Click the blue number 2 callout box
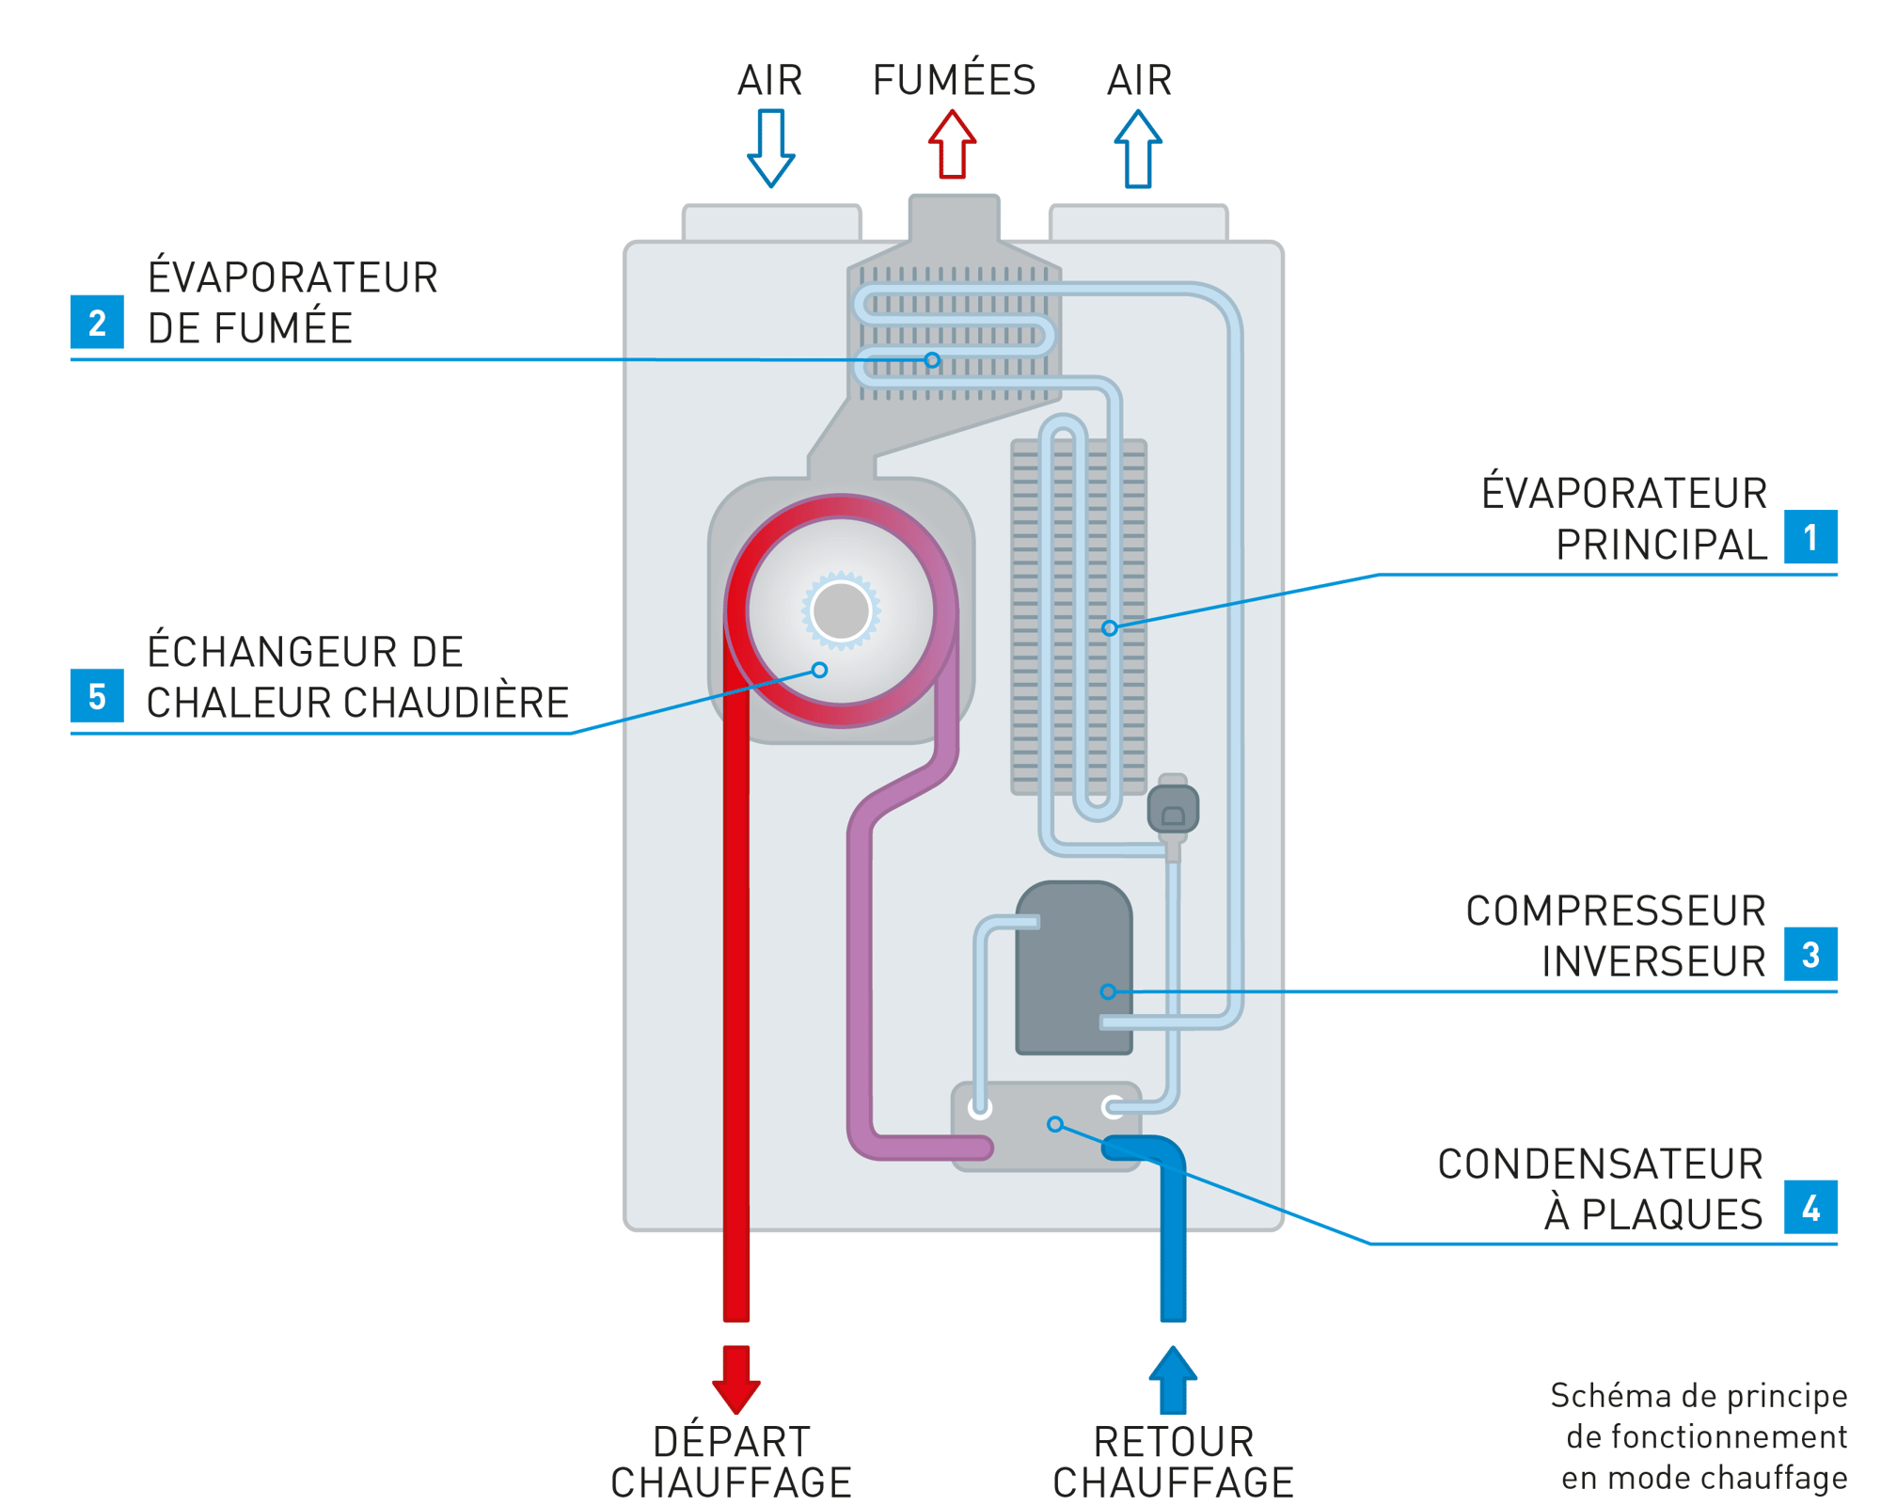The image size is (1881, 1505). pos(97,323)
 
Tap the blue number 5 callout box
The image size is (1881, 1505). pos(97,696)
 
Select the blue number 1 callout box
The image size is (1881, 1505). pos(1810,537)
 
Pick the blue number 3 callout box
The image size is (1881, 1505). pos(1810,955)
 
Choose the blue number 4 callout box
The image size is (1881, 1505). pos(1810,1208)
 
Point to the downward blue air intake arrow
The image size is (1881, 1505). pos(771,149)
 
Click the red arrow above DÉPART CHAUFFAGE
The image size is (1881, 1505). pos(735,1378)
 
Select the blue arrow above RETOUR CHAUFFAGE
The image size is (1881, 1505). pos(1173,1380)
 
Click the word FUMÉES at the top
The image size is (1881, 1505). pos(953,81)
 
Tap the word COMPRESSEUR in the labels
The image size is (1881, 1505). pos(1615,911)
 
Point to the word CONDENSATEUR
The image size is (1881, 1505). pos(1600,1164)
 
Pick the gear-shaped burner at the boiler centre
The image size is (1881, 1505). pos(841,610)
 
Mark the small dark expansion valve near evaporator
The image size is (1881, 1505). pos(1173,809)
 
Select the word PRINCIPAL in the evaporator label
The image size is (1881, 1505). pos(1661,546)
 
